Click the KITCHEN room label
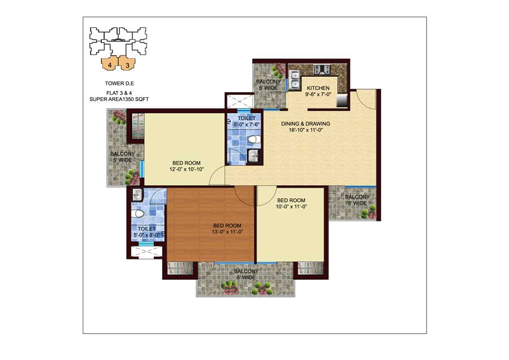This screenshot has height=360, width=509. click(x=318, y=88)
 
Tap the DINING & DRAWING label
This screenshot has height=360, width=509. click(x=305, y=124)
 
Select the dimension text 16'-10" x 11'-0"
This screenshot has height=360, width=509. click(x=305, y=130)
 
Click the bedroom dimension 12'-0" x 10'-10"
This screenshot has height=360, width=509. click(x=186, y=169)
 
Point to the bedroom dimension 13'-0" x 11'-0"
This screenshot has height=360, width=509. click(x=227, y=232)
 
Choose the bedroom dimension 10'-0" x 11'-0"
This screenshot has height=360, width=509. click(x=291, y=207)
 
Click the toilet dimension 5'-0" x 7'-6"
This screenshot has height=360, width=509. click(x=247, y=124)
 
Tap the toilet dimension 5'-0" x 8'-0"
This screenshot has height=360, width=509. click(x=146, y=235)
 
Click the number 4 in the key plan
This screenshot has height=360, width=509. click(x=110, y=65)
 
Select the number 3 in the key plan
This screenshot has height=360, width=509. click(x=128, y=65)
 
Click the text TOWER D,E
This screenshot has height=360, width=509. click(x=119, y=83)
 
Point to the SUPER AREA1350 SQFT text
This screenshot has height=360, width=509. click(x=119, y=99)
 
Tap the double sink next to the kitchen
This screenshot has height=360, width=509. click(x=295, y=80)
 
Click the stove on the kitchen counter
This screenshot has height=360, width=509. click(x=322, y=70)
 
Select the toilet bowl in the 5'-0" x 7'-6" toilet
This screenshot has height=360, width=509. click(x=254, y=140)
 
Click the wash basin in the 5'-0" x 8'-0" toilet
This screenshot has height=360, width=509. click(x=137, y=195)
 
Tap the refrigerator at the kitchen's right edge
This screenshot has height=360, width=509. click(x=342, y=100)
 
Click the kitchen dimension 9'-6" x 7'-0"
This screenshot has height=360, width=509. click(x=318, y=94)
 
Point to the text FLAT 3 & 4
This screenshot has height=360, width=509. click(x=119, y=93)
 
